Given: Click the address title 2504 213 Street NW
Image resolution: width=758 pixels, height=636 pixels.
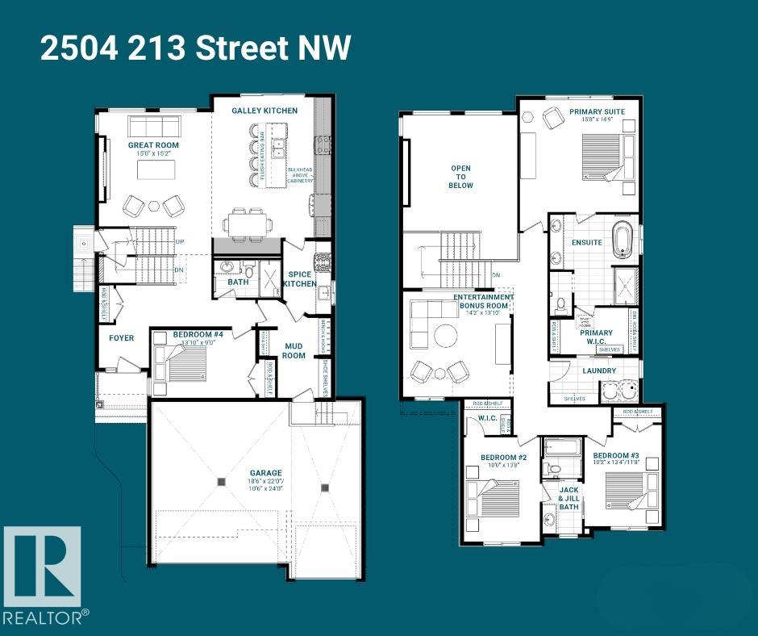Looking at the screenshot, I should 196,48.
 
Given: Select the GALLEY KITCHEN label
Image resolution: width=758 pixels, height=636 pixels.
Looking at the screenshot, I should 264,111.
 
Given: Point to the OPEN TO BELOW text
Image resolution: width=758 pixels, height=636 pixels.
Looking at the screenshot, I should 461,177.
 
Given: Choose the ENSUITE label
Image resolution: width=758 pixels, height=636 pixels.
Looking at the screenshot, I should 586,241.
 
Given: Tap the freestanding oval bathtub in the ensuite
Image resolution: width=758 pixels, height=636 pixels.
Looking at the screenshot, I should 623,241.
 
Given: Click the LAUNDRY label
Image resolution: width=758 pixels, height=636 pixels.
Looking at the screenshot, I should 599,370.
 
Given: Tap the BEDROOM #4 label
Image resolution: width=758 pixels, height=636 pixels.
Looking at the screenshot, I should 191,334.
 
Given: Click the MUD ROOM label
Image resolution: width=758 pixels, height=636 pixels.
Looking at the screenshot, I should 293,350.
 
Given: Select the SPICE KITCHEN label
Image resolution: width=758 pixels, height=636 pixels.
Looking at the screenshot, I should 300,279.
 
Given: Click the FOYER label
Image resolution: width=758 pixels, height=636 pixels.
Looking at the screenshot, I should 121,337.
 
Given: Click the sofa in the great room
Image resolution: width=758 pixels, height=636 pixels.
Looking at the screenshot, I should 154,127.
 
